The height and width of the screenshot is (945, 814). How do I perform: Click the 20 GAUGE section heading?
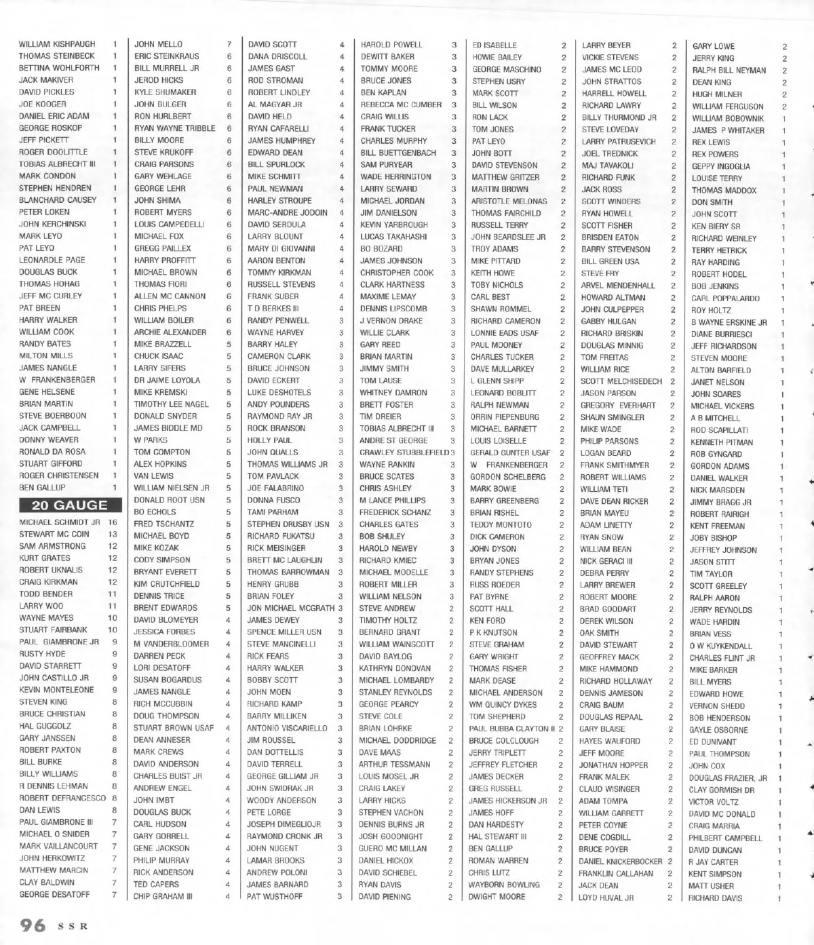coord(64,505)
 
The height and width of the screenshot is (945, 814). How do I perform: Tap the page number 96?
coord(33,925)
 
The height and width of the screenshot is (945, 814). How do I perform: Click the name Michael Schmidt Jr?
coord(60,523)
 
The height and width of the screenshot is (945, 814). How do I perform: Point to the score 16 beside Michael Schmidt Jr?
coord(113,523)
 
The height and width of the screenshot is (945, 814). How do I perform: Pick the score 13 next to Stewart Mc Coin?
coord(113,535)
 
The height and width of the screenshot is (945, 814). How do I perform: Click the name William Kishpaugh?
coord(57,44)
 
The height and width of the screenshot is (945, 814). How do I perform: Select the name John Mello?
coord(158,44)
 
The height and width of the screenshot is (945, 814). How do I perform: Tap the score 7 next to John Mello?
coord(229,44)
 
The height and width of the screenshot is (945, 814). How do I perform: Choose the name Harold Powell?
coord(391,45)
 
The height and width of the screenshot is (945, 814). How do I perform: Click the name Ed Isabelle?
coord(495,45)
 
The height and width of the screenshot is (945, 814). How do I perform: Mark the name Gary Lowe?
coord(713,47)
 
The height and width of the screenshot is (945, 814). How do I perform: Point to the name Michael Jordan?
coord(393,201)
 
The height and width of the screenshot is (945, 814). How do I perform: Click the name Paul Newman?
coord(275,189)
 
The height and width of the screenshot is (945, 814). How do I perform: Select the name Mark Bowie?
coord(493,488)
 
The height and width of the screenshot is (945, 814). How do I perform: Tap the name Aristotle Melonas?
coord(509,201)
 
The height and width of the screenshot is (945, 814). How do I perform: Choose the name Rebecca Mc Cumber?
coord(401,104)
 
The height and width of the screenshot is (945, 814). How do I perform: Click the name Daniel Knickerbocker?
coord(620,862)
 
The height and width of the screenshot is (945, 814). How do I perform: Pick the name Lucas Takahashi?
coord(393,237)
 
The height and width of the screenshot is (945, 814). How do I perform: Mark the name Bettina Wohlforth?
coord(59,68)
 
